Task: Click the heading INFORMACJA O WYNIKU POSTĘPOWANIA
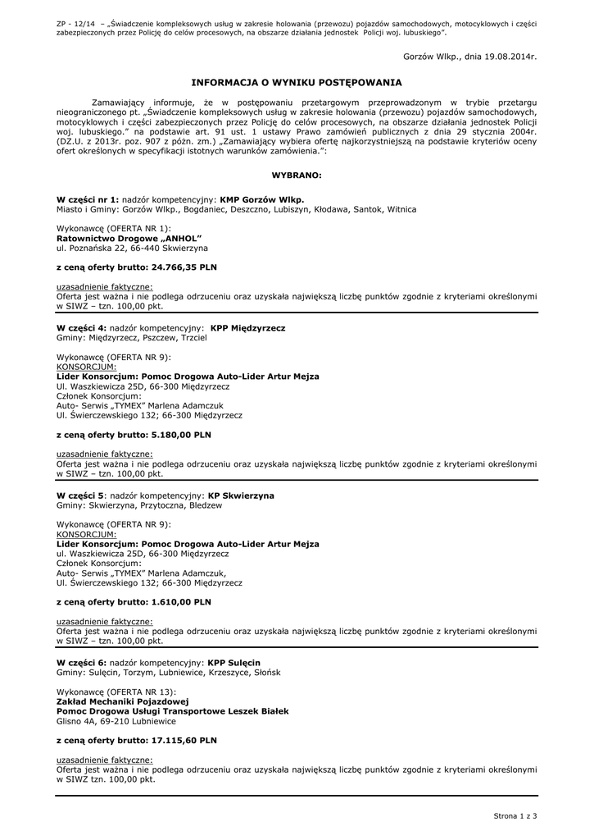pyautogui.click(x=296, y=83)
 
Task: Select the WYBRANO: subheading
pyautogui.click(x=297, y=176)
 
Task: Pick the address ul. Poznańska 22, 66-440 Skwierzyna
pyautogui.click(x=132, y=247)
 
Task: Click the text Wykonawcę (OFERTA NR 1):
pyautogui.click(x=113, y=227)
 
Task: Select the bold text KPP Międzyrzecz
pyautogui.click(x=247, y=327)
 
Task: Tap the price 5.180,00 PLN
pyautogui.click(x=181, y=435)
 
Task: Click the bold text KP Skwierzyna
pyautogui.click(x=242, y=495)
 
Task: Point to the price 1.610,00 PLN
pyautogui.click(x=181, y=602)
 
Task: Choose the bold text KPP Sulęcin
pyautogui.click(x=234, y=662)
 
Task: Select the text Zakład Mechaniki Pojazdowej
pyautogui.click(x=123, y=701)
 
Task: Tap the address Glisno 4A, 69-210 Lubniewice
pyautogui.click(x=116, y=721)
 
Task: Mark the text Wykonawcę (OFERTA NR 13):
pyautogui.click(x=116, y=692)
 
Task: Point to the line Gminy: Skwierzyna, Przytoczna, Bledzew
pyautogui.click(x=138, y=505)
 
